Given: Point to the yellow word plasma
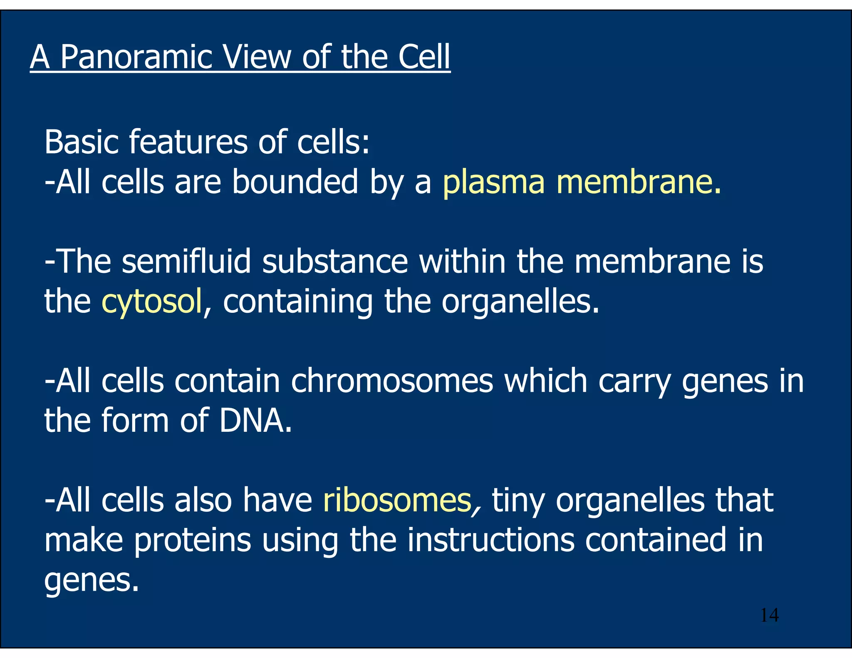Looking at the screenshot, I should [493, 183].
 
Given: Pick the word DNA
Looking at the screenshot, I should [255, 421].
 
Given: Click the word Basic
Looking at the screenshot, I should [82, 142].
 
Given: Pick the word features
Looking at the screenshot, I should [188, 142].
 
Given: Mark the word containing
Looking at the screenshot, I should [298, 302].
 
